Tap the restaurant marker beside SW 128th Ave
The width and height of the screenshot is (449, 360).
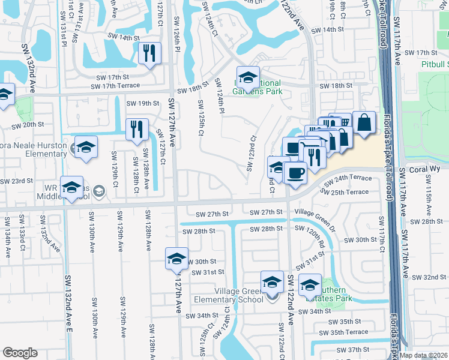pyautogui.click(x=137, y=129)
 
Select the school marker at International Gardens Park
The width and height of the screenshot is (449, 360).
pyautogui.click(x=247, y=77)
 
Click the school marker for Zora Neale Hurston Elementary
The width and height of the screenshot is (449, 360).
pyautogui.click(x=86, y=147)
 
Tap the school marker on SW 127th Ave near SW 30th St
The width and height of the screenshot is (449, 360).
pyautogui.click(x=176, y=258)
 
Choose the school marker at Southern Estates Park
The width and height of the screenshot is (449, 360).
pyautogui.click(x=310, y=284)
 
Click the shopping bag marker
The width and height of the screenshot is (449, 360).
pyautogui.click(x=364, y=122)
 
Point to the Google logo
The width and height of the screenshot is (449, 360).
pyautogui.click(x=20, y=353)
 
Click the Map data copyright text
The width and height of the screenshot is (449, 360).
pyautogui.click(x=424, y=355)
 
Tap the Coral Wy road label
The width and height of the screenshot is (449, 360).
pyautogui.click(x=423, y=170)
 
